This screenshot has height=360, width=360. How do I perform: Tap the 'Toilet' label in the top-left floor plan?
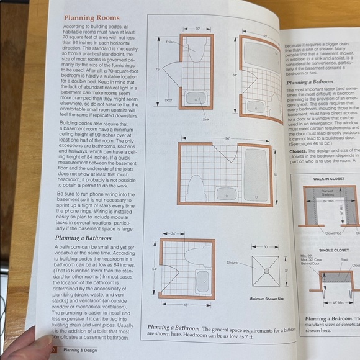169,42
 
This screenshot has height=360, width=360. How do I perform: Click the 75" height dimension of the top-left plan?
158,69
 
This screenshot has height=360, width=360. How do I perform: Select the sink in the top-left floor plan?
196,98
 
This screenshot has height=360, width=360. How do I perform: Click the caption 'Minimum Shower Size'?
266,299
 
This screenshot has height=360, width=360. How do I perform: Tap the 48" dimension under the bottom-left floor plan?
186,304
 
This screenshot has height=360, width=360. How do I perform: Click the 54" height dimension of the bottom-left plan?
153,268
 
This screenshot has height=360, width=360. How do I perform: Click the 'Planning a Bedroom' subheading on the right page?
313,81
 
